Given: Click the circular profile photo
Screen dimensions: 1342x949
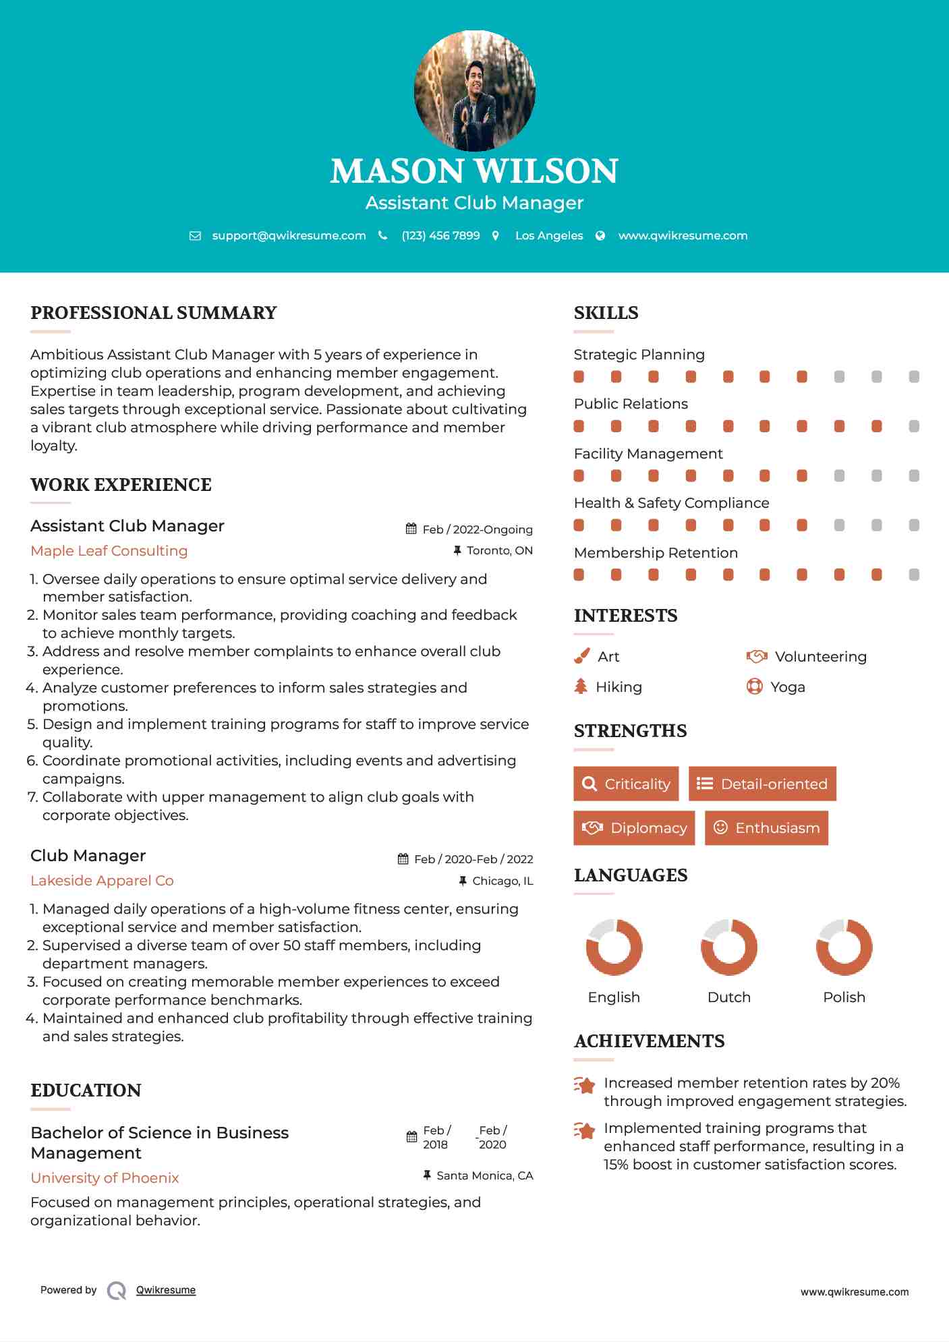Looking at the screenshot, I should [474, 90].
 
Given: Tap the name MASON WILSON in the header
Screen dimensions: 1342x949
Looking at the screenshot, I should [474, 171].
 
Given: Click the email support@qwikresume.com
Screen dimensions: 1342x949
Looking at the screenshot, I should [289, 235].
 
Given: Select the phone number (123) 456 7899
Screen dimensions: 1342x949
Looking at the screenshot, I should [440, 235].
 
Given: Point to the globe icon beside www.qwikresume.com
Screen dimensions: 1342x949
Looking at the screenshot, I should [600, 235].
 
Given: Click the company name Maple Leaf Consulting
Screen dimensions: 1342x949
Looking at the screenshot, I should [109, 551].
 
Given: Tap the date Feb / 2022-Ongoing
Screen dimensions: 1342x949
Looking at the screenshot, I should [478, 529].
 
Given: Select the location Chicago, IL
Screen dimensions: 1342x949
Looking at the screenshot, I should [502, 881].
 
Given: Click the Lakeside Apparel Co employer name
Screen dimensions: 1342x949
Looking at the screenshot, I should [102, 881].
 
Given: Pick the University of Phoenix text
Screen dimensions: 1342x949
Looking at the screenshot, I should [105, 1178].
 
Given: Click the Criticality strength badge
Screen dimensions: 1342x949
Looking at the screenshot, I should [626, 784].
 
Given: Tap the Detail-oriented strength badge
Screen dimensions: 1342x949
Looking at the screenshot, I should [762, 784].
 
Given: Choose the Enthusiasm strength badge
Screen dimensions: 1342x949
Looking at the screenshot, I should [766, 827].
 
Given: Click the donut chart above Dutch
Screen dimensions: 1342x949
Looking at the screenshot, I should [728, 947].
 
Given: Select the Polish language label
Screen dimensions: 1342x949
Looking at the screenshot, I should [844, 997].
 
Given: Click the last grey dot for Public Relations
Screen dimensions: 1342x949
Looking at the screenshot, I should [914, 426].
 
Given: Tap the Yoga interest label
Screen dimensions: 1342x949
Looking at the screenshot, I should [788, 687].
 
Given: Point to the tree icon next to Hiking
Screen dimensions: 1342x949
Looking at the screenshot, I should [581, 687].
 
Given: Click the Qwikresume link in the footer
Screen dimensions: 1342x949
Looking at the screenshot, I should [166, 1290].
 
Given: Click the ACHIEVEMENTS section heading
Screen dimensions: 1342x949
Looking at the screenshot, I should [649, 1041].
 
